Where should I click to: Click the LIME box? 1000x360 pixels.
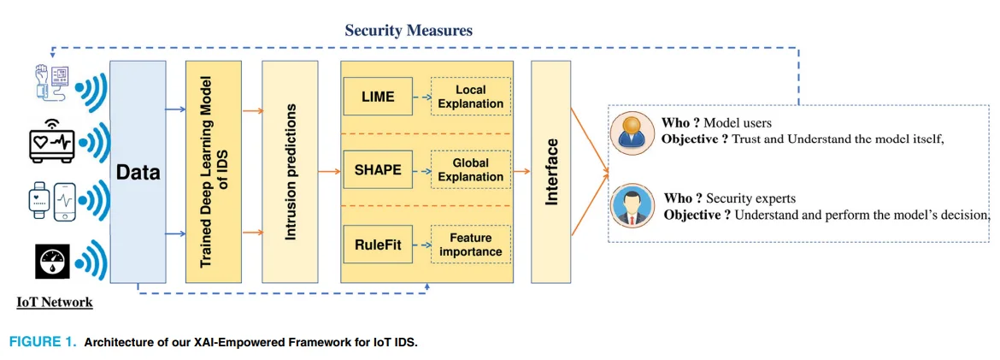click(379, 97)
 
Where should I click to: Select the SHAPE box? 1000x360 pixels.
click(379, 170)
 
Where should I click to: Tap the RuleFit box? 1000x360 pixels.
click(379, 244)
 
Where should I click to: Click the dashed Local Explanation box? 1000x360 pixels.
click(471, 97)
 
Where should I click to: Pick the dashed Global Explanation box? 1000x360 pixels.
click(471, 170)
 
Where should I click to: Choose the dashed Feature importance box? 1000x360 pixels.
click(471, 244)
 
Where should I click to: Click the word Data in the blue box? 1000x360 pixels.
click(138, 173)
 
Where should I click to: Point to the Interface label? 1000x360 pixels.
click(552, 171)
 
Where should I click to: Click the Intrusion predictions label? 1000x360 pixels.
click(291, 172)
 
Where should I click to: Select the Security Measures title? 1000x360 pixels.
click(409, 30)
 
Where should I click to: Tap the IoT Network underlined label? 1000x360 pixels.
click(54, 302)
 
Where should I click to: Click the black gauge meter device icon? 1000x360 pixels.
click(51, 261)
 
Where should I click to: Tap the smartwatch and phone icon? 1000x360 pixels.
click(51, 201)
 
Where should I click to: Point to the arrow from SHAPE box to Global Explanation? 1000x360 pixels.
click(422, 170)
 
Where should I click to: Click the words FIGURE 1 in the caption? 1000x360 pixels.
click(42, 342)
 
